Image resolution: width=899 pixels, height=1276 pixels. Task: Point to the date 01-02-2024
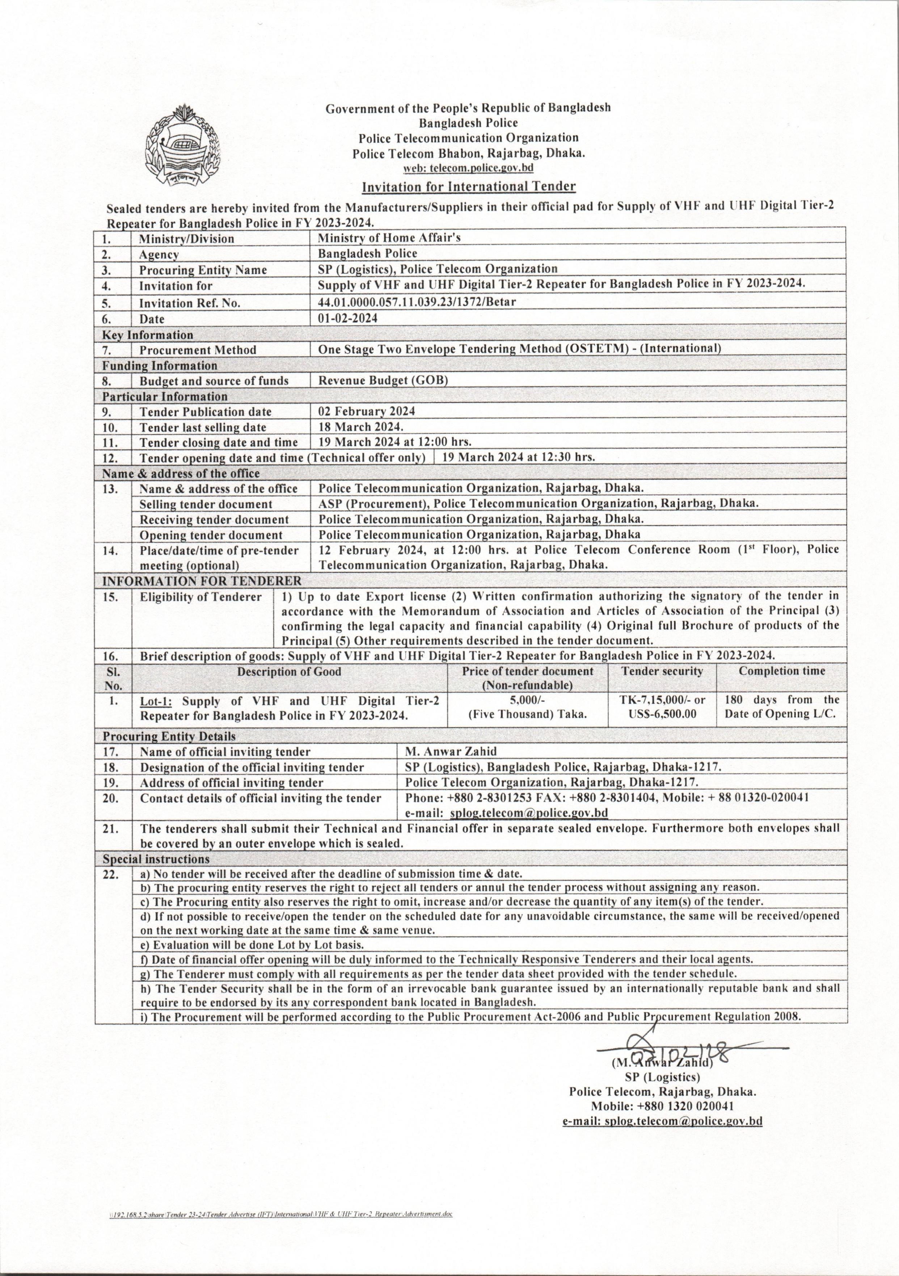pos(348,318)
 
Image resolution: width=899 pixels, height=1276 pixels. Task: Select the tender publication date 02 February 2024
pos(366,411)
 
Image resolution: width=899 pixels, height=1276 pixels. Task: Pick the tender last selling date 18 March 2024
pos(360,427)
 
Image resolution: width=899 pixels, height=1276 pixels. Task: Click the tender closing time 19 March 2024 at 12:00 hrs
pos(395,442)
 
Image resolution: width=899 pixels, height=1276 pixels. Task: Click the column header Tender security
pos(662,671)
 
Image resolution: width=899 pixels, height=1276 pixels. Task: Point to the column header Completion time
pos(781,671)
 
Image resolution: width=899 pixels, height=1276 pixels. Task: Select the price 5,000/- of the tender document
pos(527,700)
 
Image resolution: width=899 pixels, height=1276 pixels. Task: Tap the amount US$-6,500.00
pos(662,714)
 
